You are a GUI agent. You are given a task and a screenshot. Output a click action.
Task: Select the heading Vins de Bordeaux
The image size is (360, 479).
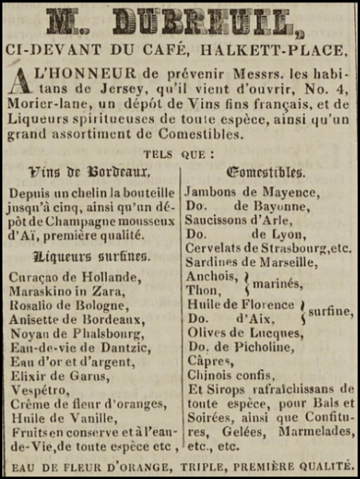point(89,171)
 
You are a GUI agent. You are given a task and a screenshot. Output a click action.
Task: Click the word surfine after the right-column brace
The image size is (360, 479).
point(330,312)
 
